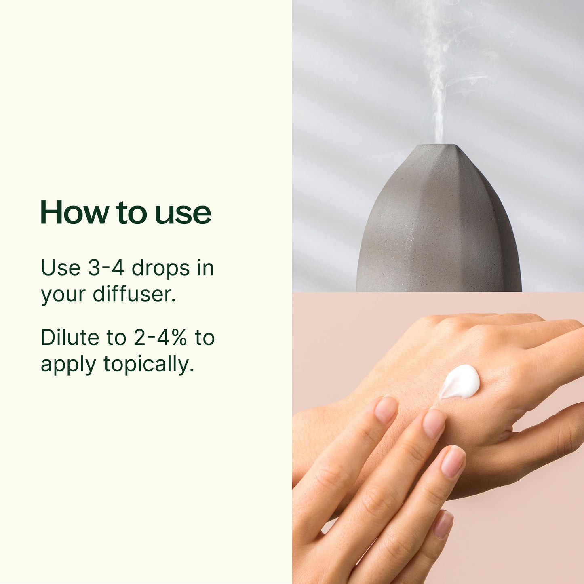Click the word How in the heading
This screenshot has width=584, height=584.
tap(74, 213)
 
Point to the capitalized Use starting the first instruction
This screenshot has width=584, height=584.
tap(61, 268)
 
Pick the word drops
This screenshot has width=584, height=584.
tap(161, 269)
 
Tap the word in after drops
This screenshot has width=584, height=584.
tap(205, 268)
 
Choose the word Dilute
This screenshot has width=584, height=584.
tap(70, 337)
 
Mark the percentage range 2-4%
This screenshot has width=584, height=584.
tap(160, 337)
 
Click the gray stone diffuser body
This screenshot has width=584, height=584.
tap(439, 234)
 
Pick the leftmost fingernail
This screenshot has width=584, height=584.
tap(386, 409)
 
